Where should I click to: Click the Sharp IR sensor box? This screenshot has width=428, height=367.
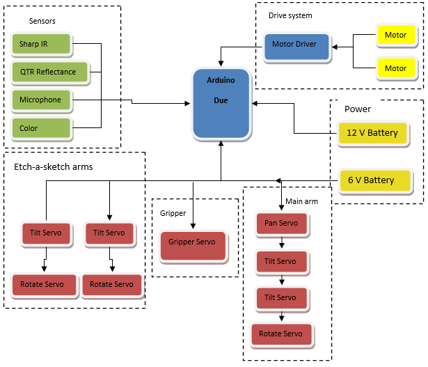[42, 45]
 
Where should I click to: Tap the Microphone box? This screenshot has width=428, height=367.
[41, 100]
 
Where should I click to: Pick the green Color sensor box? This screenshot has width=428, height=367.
[41, 128]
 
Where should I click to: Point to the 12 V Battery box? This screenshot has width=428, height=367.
[373, 133]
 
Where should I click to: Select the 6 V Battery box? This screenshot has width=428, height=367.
[372, 180]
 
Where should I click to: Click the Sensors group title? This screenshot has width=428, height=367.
[42, 21]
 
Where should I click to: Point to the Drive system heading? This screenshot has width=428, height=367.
[290, 15]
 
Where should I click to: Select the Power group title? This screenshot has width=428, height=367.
[358, 109]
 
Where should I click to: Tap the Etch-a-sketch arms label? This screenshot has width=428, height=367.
[54, 167]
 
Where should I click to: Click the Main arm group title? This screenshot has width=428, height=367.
[301, 201]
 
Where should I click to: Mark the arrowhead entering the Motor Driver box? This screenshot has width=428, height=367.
[335, 47]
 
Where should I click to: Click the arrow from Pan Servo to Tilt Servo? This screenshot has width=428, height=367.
[281, 243]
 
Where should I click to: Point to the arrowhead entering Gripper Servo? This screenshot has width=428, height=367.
[193, 226]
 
